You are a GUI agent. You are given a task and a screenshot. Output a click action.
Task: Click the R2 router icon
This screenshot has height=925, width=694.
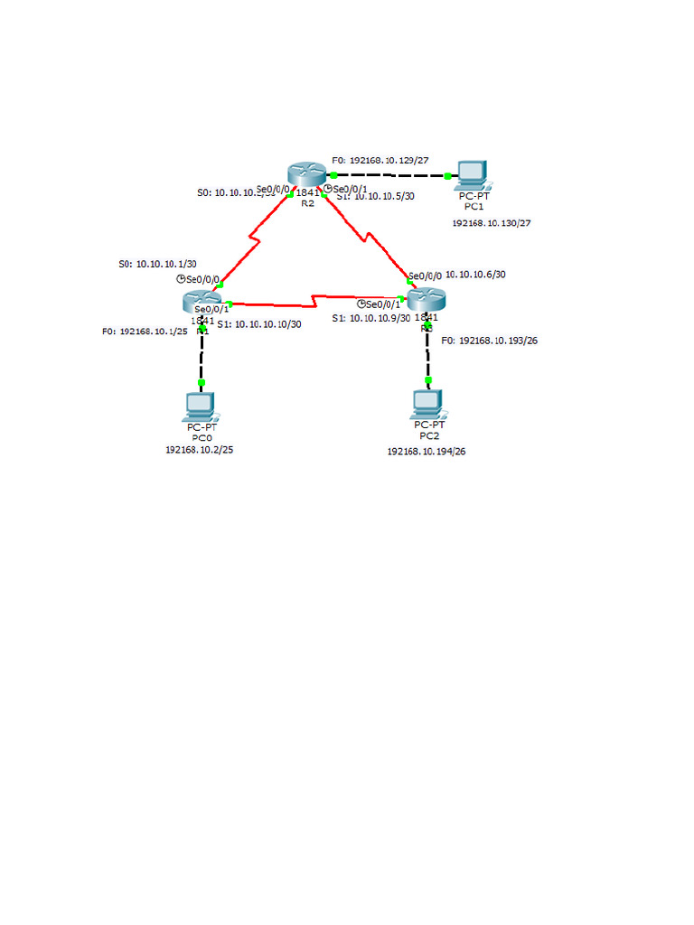tap(307, 174)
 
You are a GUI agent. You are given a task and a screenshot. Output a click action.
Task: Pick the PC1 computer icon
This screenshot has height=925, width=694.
tap(472, 173)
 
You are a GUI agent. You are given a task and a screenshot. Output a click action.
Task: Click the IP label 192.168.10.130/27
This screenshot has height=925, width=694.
tap(491, 222)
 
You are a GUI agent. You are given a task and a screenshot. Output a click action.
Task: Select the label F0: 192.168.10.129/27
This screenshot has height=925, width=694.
tap(380, 159)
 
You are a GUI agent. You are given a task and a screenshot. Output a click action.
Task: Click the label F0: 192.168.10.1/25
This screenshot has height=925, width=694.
tap(145, 332)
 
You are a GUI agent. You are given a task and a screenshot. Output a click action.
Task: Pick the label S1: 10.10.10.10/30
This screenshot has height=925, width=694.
tap(259, 323)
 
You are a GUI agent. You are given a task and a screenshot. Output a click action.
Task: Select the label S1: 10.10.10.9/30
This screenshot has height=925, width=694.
tap(370, 318)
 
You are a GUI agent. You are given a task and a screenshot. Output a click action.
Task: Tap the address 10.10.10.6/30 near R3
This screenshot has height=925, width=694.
tap(475, 274)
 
